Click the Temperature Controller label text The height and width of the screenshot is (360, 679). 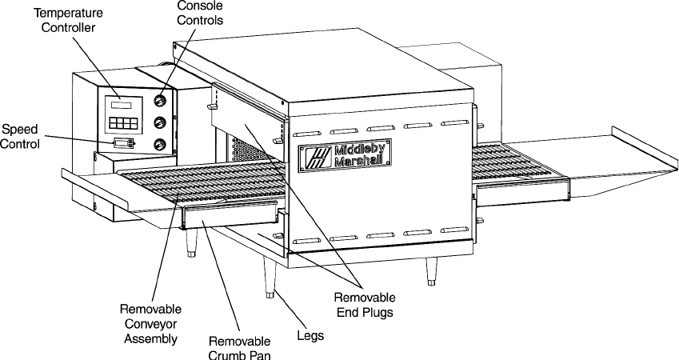(67, 19)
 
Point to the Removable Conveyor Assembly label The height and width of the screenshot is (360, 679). (150, 323)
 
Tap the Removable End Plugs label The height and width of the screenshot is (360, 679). (364, 305)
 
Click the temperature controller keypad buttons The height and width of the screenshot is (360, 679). (122, 125)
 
